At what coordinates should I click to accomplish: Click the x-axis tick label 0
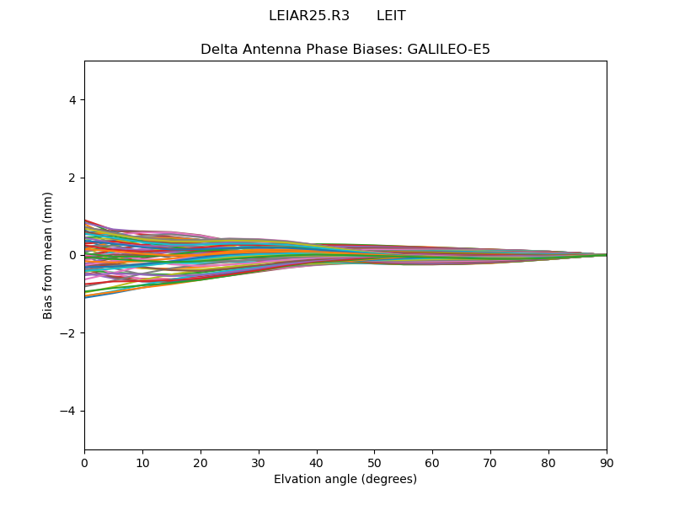click(x=84, y=462)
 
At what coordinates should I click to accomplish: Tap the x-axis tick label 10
click(x=142, y=462)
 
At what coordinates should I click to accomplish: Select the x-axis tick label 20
click(x=201, y=462)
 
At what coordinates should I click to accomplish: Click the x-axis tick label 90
click(x=607, y=462)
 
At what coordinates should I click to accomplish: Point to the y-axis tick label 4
click(x=72, y=100)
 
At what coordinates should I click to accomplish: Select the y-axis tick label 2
click(x=72, y=178)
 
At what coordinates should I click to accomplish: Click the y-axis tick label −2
click(x=68, y=333)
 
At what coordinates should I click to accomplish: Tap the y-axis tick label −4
click(x=68, y=411)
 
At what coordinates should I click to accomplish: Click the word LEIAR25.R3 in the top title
click(x=309, y=16)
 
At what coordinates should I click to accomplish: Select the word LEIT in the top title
click(x=391, y=16)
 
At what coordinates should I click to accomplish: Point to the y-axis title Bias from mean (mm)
click(x=49, y=255)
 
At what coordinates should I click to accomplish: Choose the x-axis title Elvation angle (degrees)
click(x=345, y=479)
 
